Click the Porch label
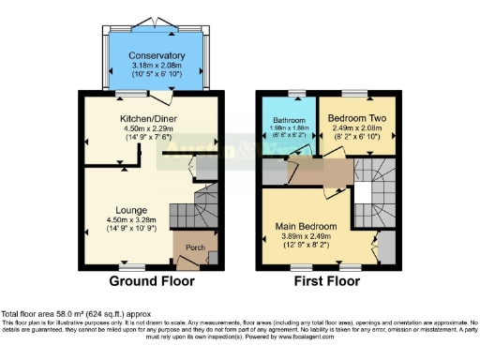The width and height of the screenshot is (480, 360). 195,248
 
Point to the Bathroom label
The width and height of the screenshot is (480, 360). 290,121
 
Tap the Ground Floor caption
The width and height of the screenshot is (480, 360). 152,280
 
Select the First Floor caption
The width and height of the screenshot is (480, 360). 327,280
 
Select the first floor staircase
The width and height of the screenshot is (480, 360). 375,187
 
